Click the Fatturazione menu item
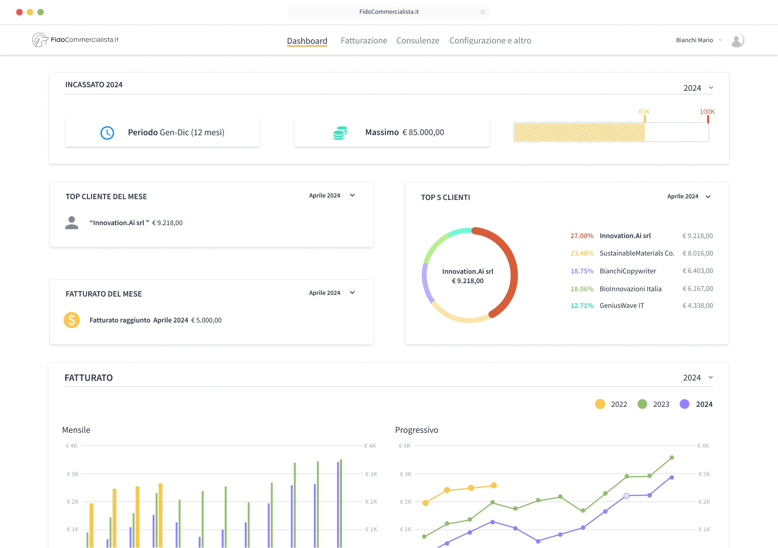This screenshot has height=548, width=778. tap(364, 41)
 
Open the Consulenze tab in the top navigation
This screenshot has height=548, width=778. tap(417, 41)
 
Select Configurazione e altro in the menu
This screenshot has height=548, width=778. tap(490, 41)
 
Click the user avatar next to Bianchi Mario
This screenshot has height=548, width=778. tap(737, 40)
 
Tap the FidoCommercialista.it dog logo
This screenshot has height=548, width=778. tap(40, 40)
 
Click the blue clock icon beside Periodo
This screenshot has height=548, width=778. tap(107, 133)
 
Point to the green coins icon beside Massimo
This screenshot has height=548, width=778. tap(340, 133)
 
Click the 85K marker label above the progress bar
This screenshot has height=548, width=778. tap(644, 112)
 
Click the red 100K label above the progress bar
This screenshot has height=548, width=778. tap(707, 112)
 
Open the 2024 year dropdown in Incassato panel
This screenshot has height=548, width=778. tap(698, 88)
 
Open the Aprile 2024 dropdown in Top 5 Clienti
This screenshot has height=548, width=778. tap(689, 196)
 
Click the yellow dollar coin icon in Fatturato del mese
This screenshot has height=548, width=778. tap(72, 320)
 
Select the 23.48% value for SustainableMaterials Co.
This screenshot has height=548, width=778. tap(581, 253)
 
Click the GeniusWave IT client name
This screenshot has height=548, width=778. tap(622, 305)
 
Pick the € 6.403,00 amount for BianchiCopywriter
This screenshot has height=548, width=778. tap(697, 271)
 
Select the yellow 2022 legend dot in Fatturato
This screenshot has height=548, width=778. tap(600, 404)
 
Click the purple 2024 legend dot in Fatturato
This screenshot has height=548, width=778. tap(684, 404)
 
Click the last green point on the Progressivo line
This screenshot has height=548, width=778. tap(672, 458)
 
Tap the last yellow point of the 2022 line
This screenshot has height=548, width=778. tap(494, 485)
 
